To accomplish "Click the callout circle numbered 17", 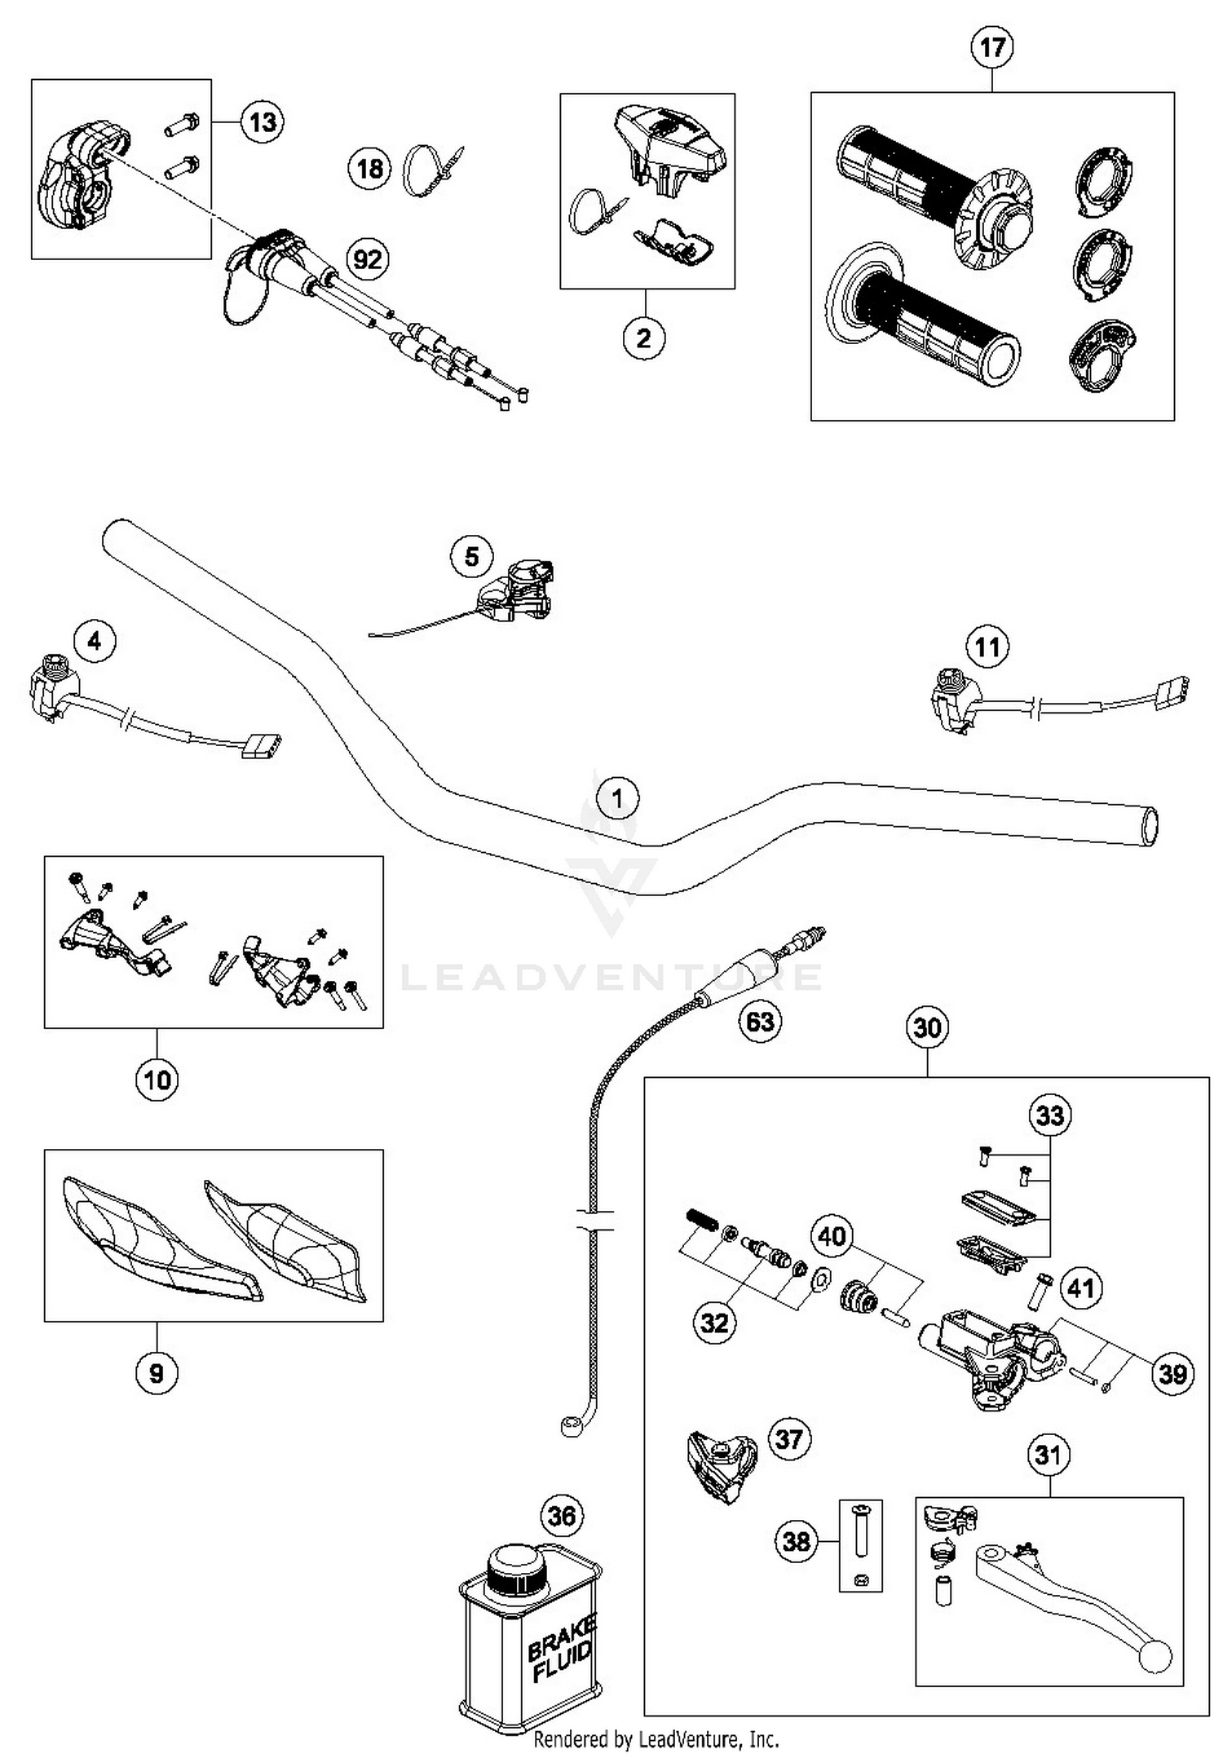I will [x=992, y=47].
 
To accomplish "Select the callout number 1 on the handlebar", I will [x=617, y=797].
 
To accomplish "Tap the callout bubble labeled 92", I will [x=368, y=259].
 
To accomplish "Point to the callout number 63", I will [x=760, y=1021].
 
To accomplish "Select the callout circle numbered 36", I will [x=562, y=1516].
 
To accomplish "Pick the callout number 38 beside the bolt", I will [x=796, y=1540].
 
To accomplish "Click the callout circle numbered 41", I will [x=1080, y=1288].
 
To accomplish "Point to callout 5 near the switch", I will [x=471, y=557].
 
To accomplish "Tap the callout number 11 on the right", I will [x=987, y=647].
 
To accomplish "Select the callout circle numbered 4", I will [x=95, y=641].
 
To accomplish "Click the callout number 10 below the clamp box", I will [x=157, y=1080].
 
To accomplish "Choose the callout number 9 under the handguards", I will [x=157, y=1373].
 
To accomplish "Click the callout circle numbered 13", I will [x=263, y=122].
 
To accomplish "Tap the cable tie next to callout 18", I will [x=432, y=170].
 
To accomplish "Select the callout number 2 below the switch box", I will [x=644, y=338].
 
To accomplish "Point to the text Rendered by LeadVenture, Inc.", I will [x=656, y=1739].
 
